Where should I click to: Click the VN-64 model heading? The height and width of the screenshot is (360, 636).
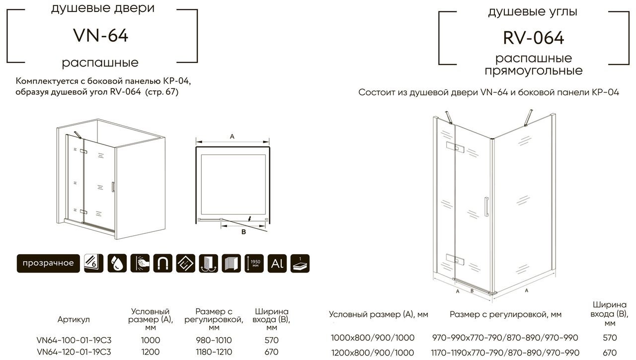[101, 36]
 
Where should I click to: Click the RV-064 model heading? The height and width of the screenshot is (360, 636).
[534, 38]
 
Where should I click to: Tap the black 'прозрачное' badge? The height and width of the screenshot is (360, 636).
[48, 263]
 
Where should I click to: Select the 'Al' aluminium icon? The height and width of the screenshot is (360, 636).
[277, 263]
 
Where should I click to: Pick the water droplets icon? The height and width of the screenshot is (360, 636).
[118, 263]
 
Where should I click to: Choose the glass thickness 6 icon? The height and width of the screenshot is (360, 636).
[94, 263]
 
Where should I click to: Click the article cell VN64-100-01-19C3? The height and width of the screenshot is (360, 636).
[74, 340]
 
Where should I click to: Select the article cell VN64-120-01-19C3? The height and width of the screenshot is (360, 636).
[74, 352]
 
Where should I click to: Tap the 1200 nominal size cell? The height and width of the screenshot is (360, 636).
[151, 352]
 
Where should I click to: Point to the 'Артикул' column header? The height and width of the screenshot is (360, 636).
[74, 319]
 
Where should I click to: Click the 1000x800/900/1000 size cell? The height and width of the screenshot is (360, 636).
[373, 338]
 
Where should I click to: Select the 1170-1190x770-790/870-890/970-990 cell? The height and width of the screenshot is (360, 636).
[505, 352]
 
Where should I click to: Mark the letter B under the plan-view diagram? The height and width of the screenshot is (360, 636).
[243, 232]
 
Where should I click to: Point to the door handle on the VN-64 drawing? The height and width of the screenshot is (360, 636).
[113, 187]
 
